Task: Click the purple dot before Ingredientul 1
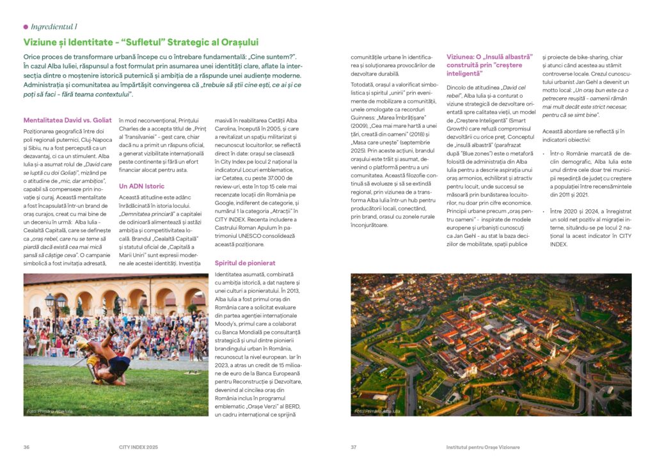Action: [x=26, y=27]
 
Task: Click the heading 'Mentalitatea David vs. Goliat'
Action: [x=67, y=120]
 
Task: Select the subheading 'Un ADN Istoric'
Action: [x=141, y=186]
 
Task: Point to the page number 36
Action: [x=26, y=446]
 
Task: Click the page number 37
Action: [x=354, y=446]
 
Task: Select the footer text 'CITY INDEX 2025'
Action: [x=138, y=446]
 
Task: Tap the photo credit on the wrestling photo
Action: [x=50, y=411]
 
